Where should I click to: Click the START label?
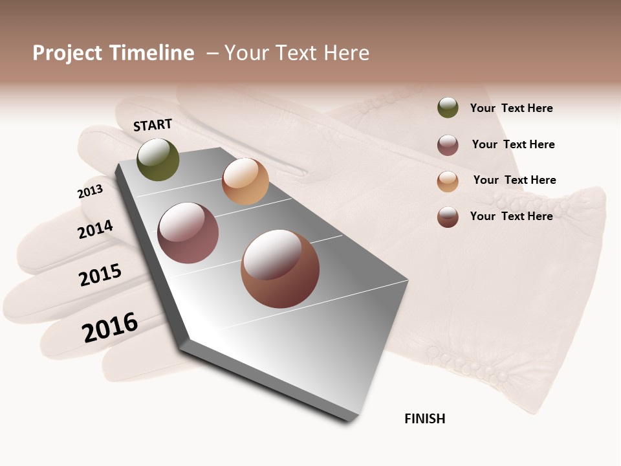click(x=153, y=125)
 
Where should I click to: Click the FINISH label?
click(x=424, y=419)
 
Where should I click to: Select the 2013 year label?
click(x=90, y=192)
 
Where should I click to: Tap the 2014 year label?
click(x=95, y=229)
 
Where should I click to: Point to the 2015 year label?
click(x=100, y=275)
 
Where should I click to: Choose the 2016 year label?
click(x=110, y=327)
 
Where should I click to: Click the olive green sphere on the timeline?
click(x=158, y=160)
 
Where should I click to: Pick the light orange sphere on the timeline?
click(x=245, y=181)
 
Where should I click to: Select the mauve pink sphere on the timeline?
click(x=188, y=233)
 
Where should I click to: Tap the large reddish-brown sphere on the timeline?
click(x=280, y=269)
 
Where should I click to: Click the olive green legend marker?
click(x=448, y=108)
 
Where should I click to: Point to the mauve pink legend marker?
click(x=448, y=145)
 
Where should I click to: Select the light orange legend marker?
click(x=448, y=181)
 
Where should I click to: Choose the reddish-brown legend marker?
click(x=448, y=217)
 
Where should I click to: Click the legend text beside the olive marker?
click(x=511, y=108)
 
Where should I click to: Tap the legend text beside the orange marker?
click(x=514, y=180)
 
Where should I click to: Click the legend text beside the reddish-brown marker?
click(x=511, y=216)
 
